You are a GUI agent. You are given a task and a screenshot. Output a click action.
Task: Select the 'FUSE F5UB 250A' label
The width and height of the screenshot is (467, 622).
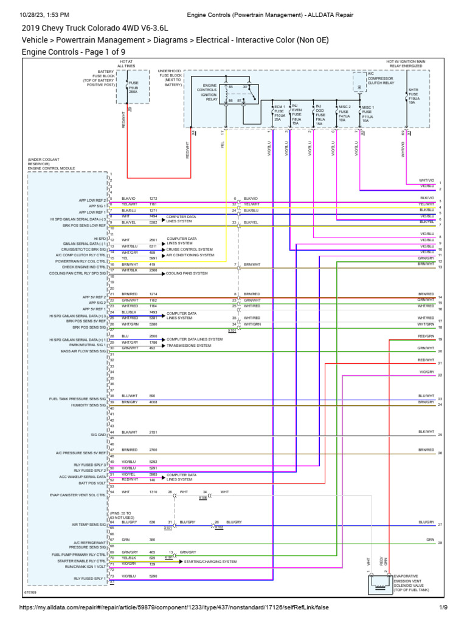tap(134, 89)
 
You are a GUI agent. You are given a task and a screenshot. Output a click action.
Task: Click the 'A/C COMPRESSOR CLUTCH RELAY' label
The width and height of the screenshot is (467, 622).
tap(381, 81)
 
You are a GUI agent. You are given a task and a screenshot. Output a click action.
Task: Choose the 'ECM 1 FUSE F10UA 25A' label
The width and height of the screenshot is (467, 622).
tap(279, 112)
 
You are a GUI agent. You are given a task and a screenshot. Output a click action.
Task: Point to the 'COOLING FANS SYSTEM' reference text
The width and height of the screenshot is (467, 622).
tap(187, 273)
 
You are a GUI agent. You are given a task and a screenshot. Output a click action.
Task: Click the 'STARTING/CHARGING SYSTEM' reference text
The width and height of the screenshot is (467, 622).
tap(210, 562)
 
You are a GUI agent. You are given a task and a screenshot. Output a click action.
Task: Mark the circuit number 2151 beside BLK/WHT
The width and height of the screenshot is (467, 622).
tap(153, 432)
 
